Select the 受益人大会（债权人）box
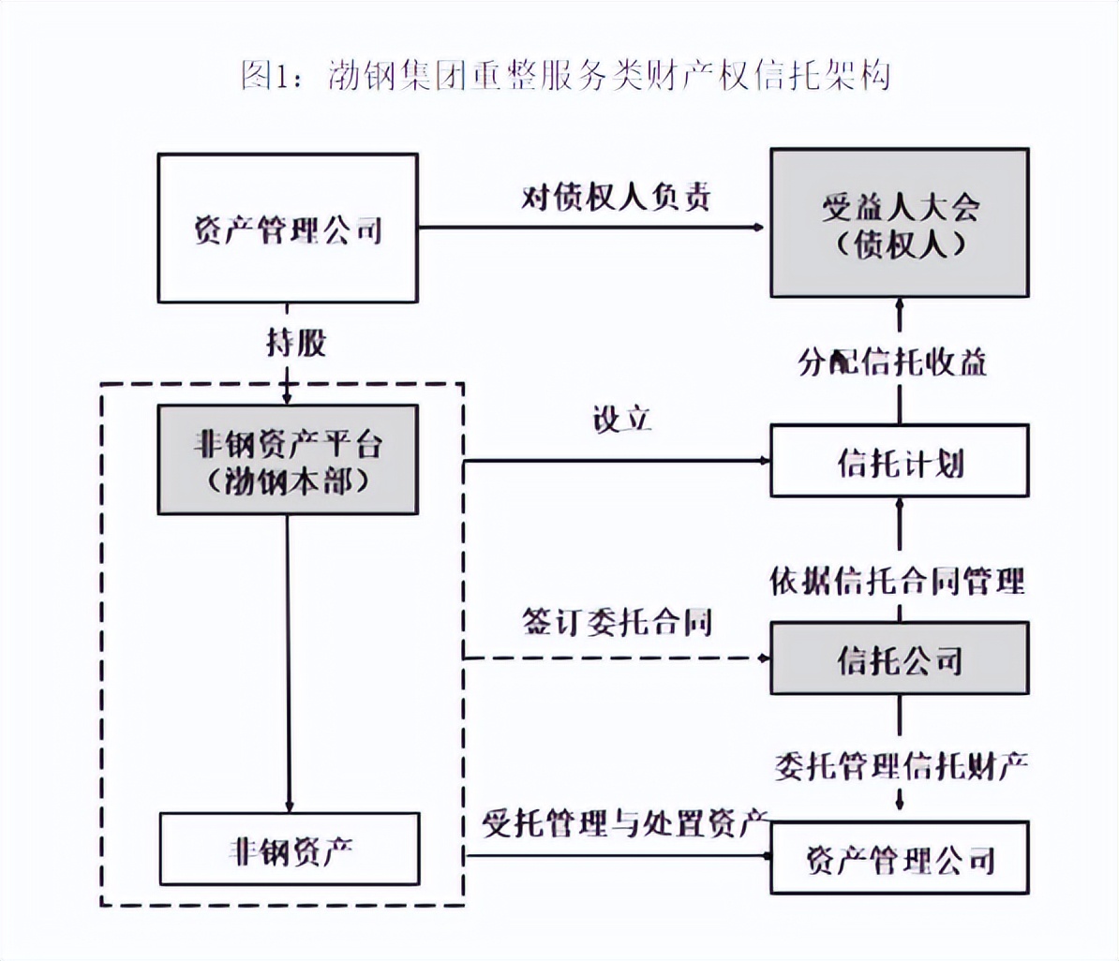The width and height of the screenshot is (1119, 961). point(899,224)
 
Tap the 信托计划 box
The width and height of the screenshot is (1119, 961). point(899,460)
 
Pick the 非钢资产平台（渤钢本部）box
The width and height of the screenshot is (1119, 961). point(288,460)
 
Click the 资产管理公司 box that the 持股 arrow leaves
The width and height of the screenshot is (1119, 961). point(288,228)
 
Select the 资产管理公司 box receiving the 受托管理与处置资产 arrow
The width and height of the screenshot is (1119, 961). point(899,857)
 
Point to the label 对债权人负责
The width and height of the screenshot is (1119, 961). point(616,198)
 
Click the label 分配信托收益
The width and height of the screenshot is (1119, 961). point(892,362)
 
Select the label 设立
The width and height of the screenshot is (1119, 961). point(620,420)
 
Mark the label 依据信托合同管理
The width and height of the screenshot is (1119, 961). point(897,582)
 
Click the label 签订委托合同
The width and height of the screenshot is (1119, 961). point(616,622)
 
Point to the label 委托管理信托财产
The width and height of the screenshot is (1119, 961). point(901,766)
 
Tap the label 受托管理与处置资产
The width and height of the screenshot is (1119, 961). point(625,823)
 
